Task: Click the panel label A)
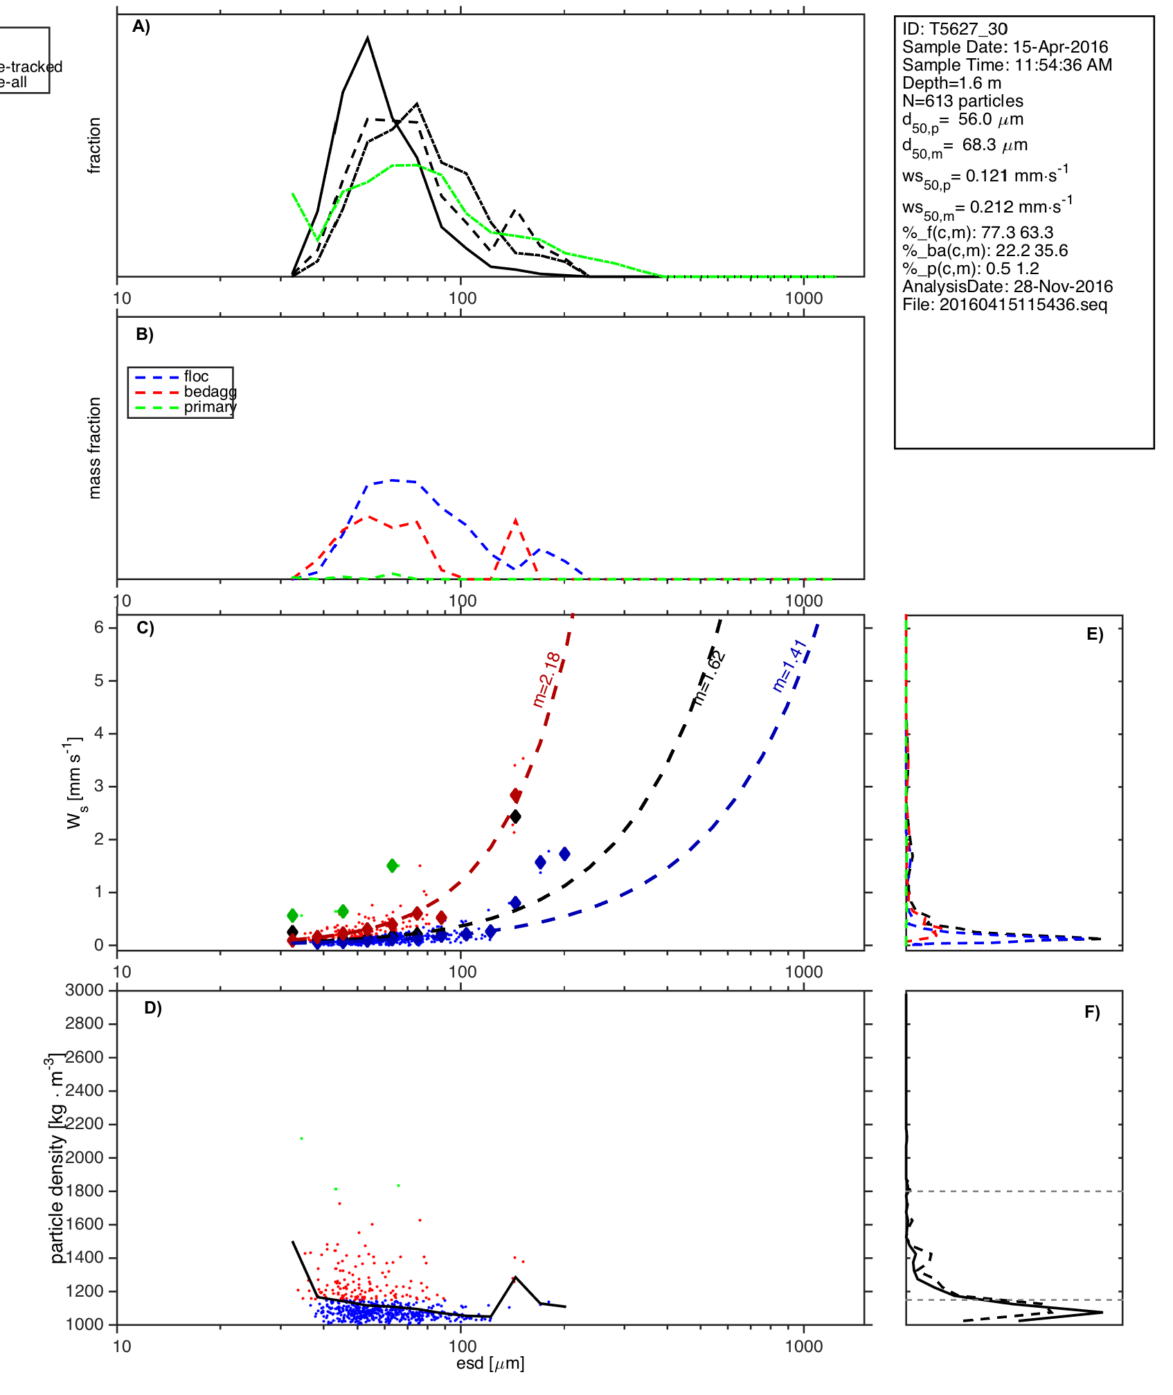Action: (141, 26)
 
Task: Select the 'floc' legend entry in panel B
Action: (196, 377)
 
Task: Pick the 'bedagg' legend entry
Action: (210, 392)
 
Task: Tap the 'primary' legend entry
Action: (210, 407)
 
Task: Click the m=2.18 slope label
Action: (546, 679)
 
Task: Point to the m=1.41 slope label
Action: (790, 665)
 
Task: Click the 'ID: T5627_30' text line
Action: (954, 29)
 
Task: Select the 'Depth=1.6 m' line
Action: (951, 83)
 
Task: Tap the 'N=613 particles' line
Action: (962, 101)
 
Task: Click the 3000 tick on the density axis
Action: (84, 990)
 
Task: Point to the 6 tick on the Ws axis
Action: (99, 627)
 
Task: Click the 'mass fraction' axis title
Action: (95, 448)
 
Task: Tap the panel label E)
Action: (1095, 635)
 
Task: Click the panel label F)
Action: (1092, 1013)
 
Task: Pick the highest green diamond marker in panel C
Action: (393, 865)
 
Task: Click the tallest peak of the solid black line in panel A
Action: (368, 38)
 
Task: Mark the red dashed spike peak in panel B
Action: (516, 519)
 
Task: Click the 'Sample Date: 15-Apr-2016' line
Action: (1005, 47)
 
